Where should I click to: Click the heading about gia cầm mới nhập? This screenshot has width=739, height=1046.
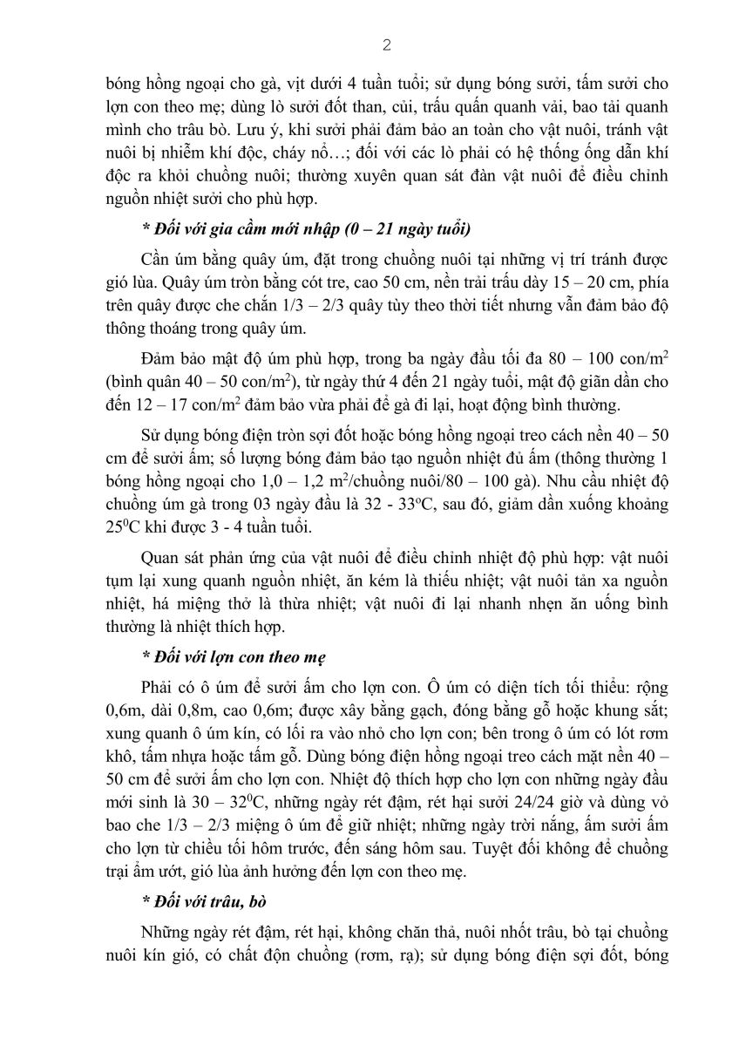click(x=306, y=229)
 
